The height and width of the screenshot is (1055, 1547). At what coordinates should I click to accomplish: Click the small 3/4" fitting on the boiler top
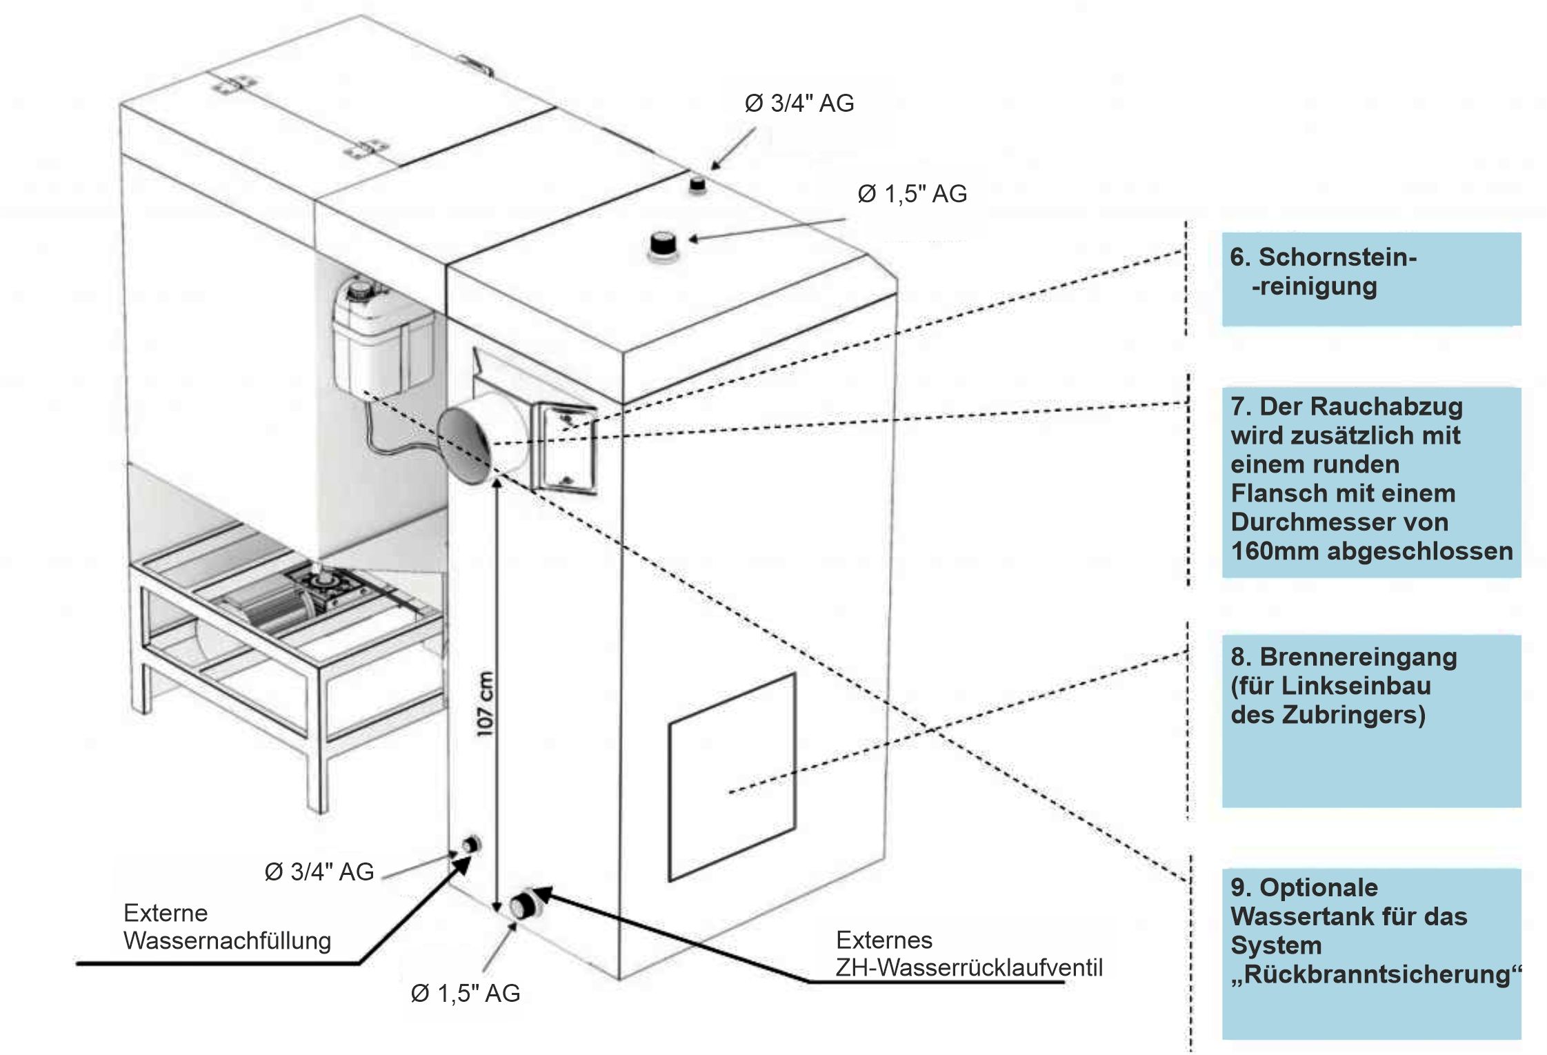click(697, 184)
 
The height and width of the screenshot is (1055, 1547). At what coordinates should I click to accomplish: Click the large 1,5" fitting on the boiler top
click(663, 246)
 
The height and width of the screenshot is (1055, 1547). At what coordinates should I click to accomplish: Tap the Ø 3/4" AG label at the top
click(799, 103)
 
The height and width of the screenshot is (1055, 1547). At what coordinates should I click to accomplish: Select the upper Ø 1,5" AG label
click(912, 195)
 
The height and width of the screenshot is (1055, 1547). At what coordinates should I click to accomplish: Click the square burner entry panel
click(731, 777)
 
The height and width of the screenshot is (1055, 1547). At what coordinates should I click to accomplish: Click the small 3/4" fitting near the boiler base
click(472, 844)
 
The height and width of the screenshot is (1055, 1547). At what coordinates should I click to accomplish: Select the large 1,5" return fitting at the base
click(523, 906)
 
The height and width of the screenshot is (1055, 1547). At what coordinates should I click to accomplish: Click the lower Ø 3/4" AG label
click(319, 872)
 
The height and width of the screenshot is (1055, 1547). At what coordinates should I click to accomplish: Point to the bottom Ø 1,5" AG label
click(466, 994)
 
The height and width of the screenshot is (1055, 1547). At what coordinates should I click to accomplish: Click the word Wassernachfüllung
click(228, 941)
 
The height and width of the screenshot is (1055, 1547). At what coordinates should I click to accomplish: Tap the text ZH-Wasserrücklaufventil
click(969, 968)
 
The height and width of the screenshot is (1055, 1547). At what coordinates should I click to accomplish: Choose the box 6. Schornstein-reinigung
click(1370, 279)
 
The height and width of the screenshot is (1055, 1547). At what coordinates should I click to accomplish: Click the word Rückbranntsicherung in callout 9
click(1376, 975)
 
